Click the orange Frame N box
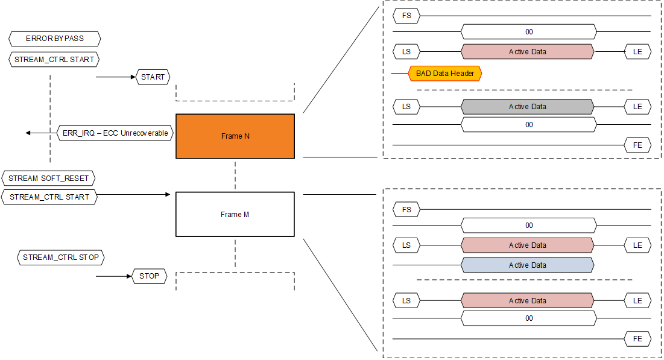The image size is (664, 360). [x=235, y=136]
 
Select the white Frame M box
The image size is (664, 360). [x=235, y=215]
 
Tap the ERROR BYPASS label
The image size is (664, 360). [x=55, y=39]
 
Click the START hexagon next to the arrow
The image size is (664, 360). [x=153, y=77]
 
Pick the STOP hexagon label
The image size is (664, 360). [x=149, y=276]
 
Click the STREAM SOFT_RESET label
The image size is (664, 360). [x=48, y=179]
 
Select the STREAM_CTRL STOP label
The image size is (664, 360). [x=61, y=257]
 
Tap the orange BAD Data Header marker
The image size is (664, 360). [x=445, y=74]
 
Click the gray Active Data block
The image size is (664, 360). [x=528, y=107]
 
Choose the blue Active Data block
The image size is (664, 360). [x=528, y=265]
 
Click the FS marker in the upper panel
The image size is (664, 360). [x=406, y=15]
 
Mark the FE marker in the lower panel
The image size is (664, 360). [x=637, y=339]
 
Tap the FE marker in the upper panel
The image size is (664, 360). [x=637, y=145]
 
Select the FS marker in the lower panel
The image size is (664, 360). [x=406, y=210]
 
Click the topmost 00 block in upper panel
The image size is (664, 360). [x=529, y=32]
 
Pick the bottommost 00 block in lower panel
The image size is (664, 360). [x=529, y=318]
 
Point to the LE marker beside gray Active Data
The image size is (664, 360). [x=637, y=107]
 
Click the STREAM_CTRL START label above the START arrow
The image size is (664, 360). [x=54, y=60]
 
